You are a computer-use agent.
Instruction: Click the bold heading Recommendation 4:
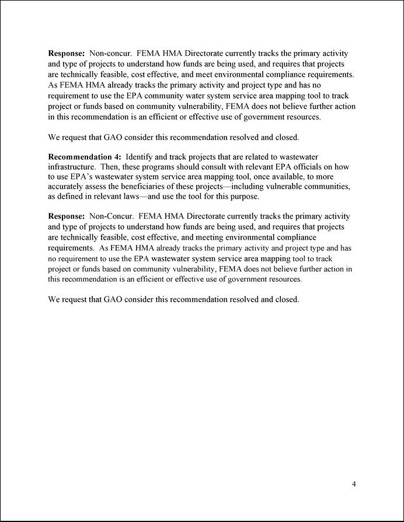[x=84, y=157]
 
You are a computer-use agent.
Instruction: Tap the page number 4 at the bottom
[x=354, y=484]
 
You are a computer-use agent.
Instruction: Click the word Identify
[x=140, y=157]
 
